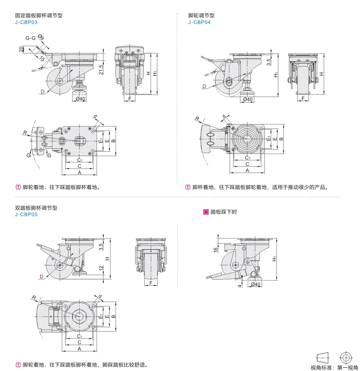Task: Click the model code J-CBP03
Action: (26, 22)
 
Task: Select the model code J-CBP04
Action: (199, 22)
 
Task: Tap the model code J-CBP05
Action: (26, 214)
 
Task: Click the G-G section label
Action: (30, 38)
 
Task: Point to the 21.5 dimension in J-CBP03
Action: (101, 70)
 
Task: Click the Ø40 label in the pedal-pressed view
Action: (256, 284)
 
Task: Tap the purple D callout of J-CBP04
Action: (204, 86)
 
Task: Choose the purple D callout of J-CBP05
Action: (42, 276)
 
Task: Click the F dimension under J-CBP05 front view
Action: (151, 283)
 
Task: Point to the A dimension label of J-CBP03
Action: (79, 173)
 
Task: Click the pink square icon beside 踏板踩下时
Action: (206, 212)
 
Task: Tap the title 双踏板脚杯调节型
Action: (36, 208)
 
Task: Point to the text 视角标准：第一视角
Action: (334, 367)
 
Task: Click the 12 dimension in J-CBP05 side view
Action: (101, 268)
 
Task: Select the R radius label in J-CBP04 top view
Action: (197, 119)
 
